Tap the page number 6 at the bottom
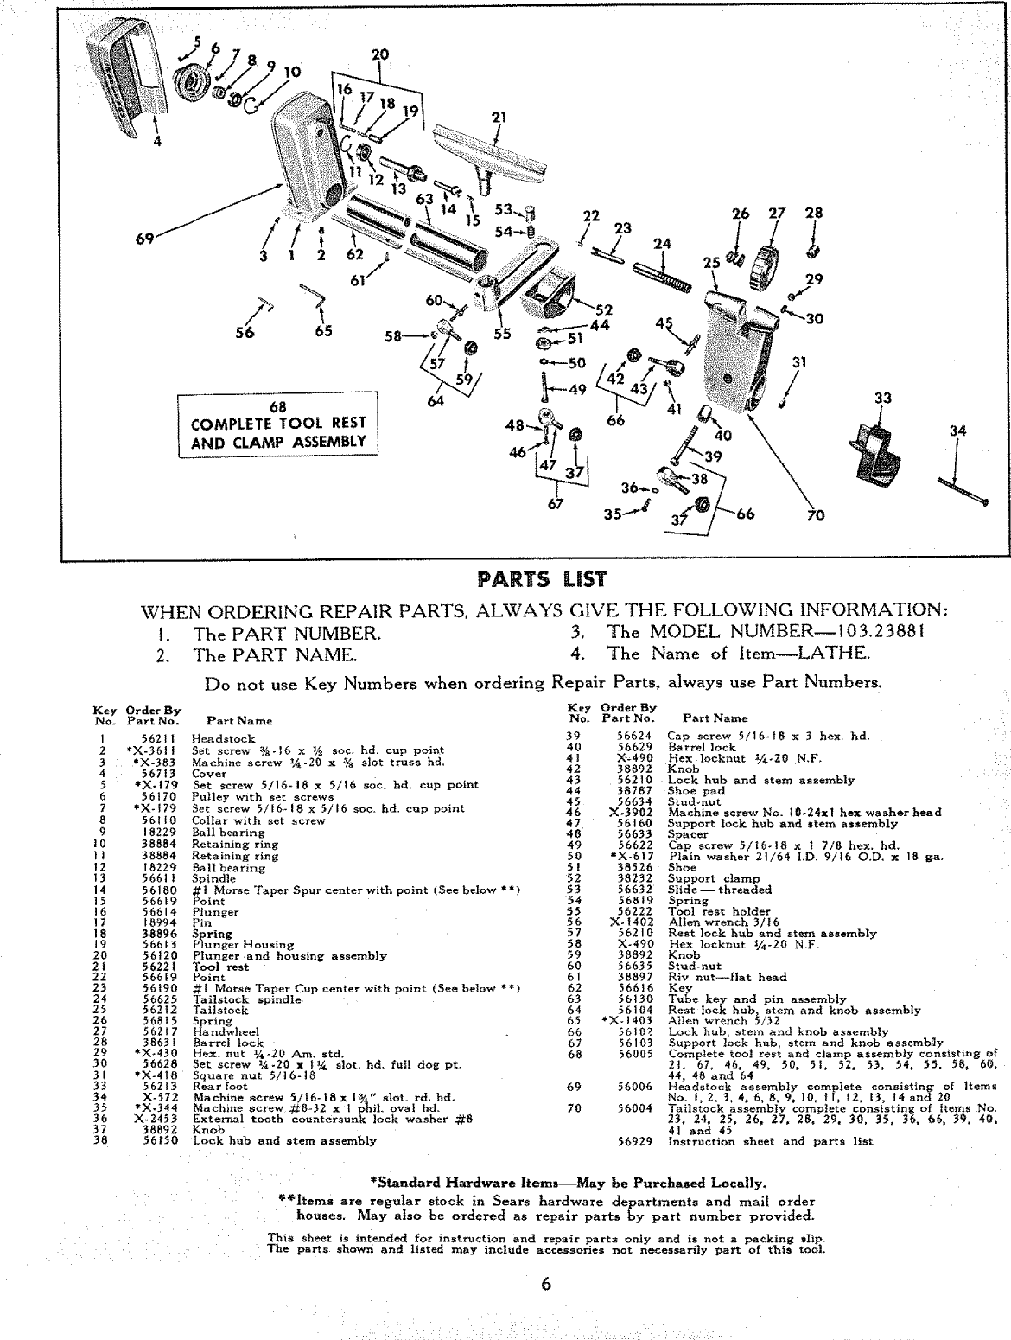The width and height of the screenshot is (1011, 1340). click(544, 1284)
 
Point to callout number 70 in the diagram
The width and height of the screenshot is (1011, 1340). click(815, 516)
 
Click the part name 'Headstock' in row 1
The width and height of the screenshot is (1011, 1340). click(223, 739)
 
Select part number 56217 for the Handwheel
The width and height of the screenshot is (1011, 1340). click(160, 1031)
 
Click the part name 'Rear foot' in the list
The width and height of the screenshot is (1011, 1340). click(220, 1086)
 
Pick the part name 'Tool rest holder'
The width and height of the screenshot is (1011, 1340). click(718, 911)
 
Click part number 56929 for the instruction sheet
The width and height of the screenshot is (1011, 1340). click(635, 1141)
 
